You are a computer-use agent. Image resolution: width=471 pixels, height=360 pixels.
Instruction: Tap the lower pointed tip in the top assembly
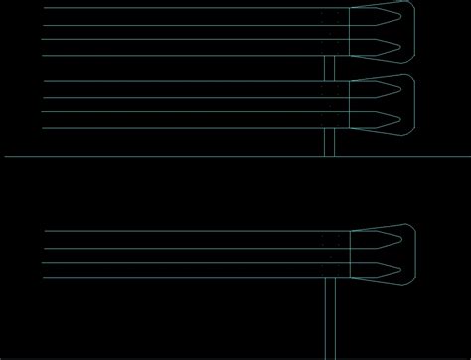399,47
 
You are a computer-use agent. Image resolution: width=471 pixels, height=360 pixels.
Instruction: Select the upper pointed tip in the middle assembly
399,90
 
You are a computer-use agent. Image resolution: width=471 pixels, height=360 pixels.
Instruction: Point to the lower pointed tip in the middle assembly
399,120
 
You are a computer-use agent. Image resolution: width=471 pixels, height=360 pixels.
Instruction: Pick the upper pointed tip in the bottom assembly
399,239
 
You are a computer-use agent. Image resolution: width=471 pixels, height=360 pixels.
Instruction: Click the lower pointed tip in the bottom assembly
399,269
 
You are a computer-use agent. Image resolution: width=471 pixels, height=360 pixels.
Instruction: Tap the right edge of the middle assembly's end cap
413,104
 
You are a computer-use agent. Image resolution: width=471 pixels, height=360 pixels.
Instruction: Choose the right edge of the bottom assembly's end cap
413,254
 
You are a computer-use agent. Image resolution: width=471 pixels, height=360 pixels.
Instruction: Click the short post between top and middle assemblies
330,68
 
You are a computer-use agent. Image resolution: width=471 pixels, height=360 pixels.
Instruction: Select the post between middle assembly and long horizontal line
330,143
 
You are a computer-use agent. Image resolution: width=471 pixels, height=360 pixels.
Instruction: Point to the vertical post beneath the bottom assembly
330,318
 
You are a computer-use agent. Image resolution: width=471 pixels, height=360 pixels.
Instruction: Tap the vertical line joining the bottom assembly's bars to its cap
350,254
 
